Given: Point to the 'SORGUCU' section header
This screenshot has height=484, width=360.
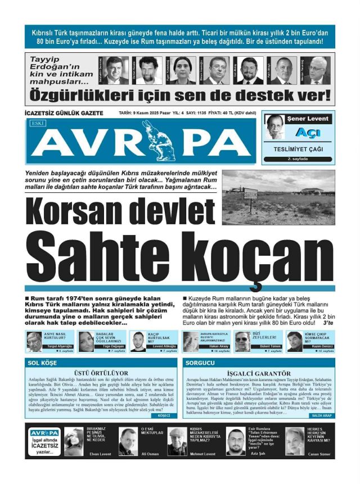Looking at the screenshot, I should (x=201, y=363).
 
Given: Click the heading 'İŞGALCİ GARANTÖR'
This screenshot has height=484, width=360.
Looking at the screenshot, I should (x=259, y=373).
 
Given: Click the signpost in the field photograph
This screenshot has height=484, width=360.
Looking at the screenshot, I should (x=250, y=196).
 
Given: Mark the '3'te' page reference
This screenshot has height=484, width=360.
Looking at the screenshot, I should (x=328, y=324).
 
